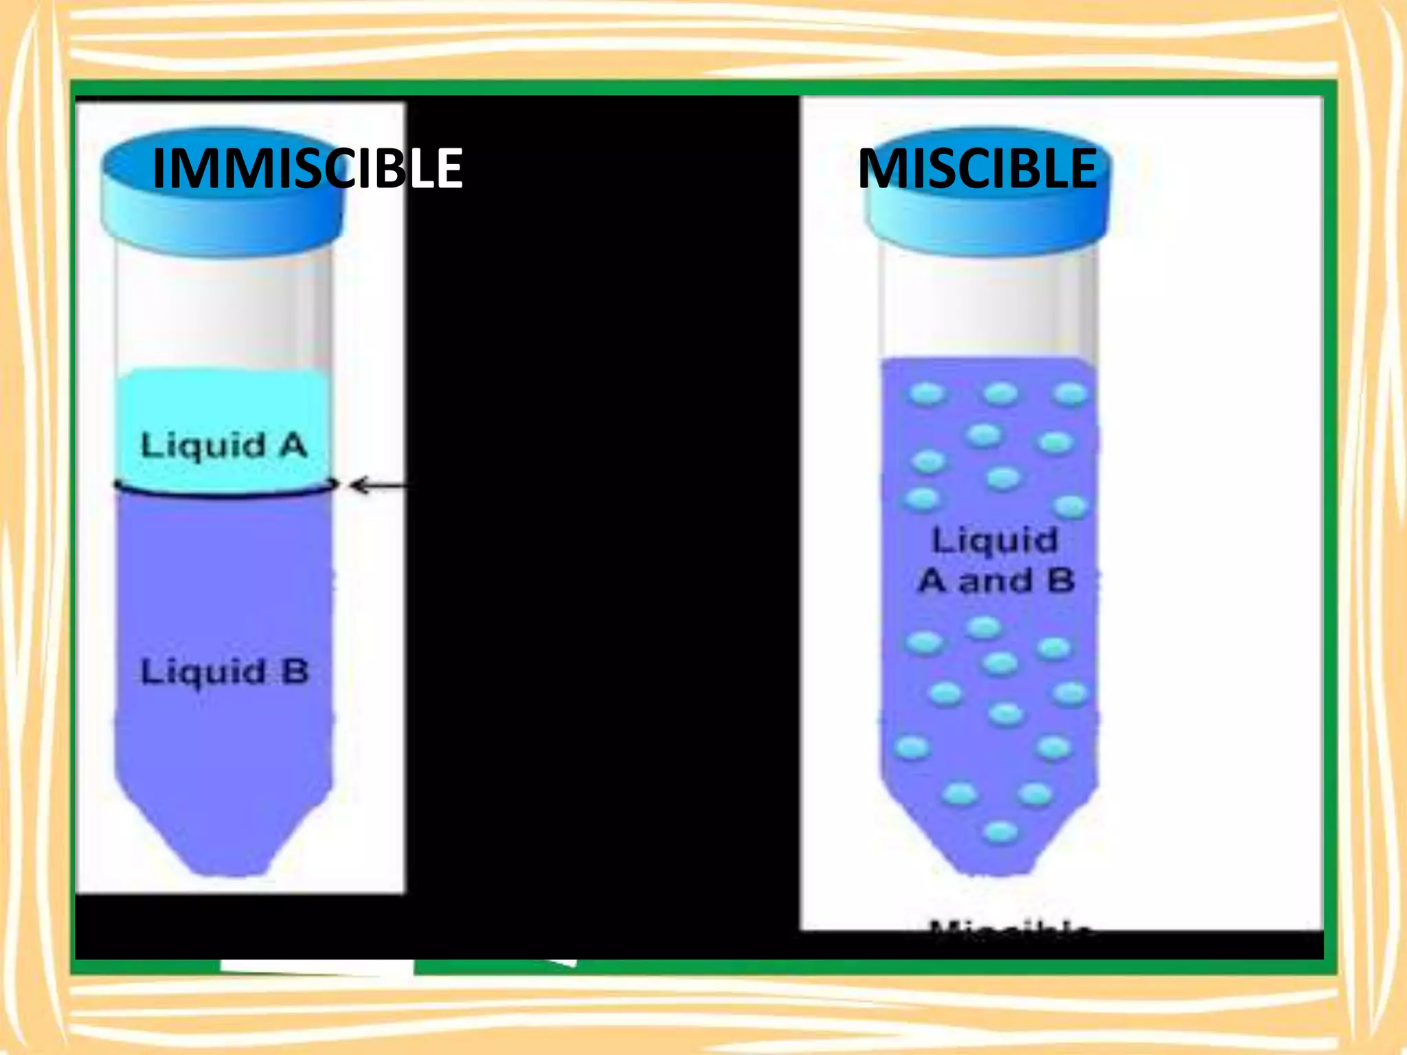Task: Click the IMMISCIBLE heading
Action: click(307, 168)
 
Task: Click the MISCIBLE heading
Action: click(978, 168)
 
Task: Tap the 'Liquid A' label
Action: click(223, 446)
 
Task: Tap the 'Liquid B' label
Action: click(224, 671)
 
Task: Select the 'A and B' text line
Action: click(996, 581)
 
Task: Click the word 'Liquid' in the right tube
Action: click(994, 540)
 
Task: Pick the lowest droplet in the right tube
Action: click(1000, 832)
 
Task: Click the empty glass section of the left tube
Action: click(224, 309)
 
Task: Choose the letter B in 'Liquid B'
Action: click(295, 671)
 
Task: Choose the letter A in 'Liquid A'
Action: click(293, 446)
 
